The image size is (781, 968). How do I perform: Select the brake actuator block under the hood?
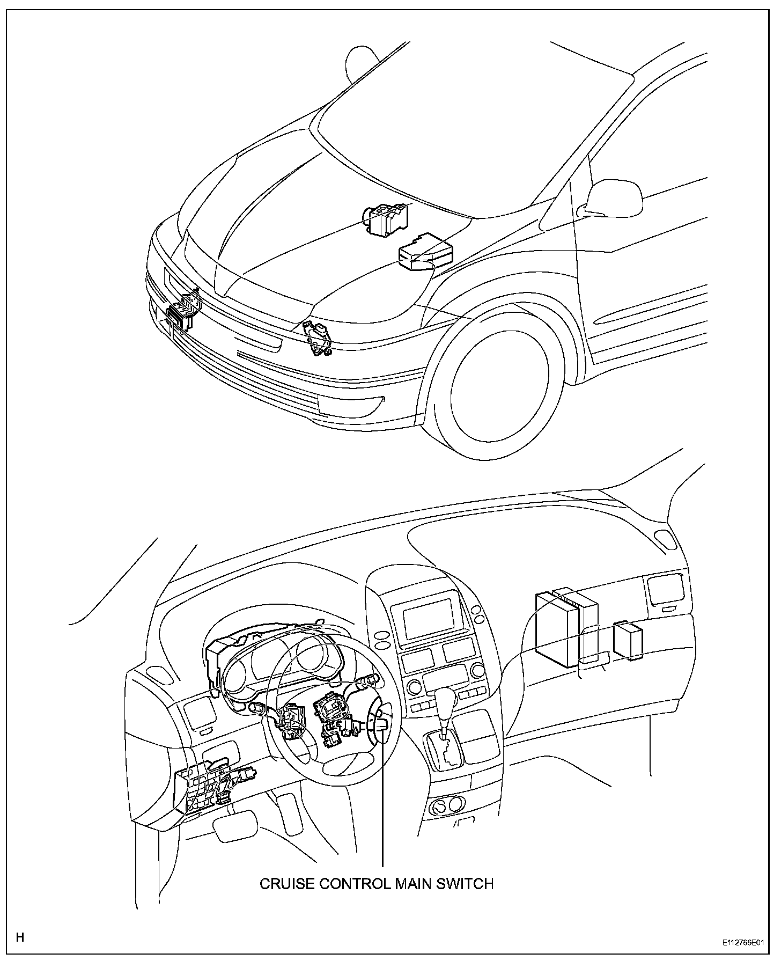pos(386,219)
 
